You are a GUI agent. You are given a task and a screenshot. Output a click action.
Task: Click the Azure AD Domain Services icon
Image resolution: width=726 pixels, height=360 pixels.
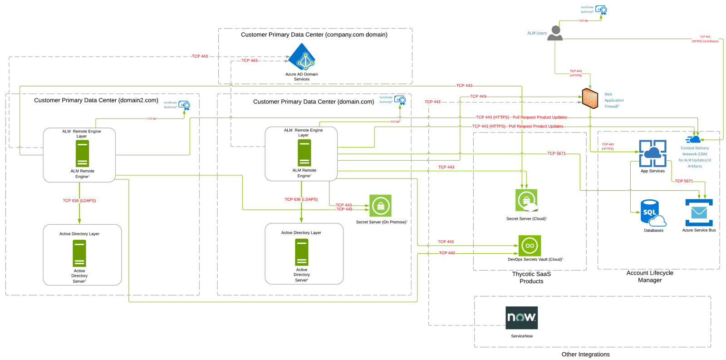302,57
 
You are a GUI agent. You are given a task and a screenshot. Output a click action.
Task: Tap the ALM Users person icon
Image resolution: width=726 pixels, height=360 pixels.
555,33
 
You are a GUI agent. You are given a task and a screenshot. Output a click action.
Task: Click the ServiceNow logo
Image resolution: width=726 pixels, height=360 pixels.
521,317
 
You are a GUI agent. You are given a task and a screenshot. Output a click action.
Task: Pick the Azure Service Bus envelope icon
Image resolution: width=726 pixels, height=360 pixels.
699,212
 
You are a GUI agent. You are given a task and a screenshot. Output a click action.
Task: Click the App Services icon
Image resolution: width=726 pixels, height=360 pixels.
652,153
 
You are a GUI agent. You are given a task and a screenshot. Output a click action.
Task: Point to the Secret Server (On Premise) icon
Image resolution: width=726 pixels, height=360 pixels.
380,206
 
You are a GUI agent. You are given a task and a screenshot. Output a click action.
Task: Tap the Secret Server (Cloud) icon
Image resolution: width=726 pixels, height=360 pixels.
526,200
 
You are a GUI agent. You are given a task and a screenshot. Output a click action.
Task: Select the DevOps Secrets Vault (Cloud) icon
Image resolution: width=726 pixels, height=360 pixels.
530,246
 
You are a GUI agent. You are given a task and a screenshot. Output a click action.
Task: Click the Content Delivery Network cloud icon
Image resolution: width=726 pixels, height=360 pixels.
694,139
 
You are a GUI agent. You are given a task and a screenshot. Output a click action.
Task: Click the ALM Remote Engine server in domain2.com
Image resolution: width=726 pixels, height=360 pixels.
82,153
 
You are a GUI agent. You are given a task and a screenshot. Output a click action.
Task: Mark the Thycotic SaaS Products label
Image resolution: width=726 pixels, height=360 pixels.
531,277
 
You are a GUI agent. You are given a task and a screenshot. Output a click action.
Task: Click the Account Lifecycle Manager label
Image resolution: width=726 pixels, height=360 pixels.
650,276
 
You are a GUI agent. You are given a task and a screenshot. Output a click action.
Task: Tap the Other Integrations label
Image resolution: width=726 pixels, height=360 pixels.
585,355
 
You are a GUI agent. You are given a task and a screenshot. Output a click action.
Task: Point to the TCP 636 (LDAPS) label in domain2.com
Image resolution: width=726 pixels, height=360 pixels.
79,201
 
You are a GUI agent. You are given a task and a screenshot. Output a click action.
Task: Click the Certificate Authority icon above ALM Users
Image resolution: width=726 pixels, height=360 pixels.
601,10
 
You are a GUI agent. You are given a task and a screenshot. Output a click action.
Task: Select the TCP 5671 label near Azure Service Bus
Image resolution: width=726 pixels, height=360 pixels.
684,181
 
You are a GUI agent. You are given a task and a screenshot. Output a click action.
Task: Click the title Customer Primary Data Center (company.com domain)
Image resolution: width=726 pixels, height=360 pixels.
314,35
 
